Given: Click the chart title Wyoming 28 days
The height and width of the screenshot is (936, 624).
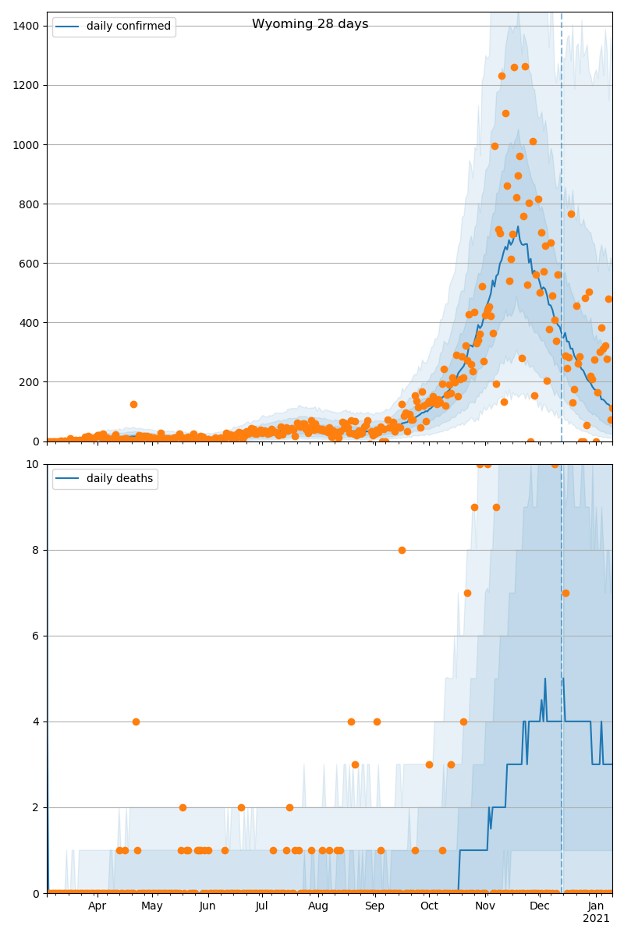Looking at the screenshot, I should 310,24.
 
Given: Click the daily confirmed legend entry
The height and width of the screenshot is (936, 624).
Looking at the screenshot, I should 128,27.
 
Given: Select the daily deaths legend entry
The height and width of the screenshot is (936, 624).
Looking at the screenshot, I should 119,478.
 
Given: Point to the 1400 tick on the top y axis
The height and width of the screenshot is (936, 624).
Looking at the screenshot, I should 27,26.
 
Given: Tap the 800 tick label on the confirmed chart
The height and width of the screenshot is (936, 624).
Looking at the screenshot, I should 30,204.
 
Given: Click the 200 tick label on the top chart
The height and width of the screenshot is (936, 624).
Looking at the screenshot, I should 30,381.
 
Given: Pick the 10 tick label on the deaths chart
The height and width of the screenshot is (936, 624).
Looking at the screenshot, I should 33,464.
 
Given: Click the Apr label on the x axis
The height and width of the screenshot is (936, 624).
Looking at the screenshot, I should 97,906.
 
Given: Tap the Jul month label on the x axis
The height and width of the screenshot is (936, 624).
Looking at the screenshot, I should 262,906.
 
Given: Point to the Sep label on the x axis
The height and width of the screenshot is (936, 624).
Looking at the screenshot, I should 374,906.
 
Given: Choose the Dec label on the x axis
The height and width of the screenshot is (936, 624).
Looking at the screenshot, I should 540,906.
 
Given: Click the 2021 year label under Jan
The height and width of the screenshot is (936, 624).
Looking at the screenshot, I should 596,918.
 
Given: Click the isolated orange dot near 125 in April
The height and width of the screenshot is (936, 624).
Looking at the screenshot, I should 133,404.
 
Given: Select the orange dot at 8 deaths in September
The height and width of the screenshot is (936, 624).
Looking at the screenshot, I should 402,550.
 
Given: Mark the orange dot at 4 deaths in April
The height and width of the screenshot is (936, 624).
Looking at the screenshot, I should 136,721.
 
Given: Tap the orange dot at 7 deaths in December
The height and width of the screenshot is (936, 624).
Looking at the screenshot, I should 565,593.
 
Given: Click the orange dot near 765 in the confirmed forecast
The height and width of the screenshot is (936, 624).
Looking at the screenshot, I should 571,214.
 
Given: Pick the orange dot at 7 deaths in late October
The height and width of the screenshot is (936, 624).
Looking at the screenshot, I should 467,593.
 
